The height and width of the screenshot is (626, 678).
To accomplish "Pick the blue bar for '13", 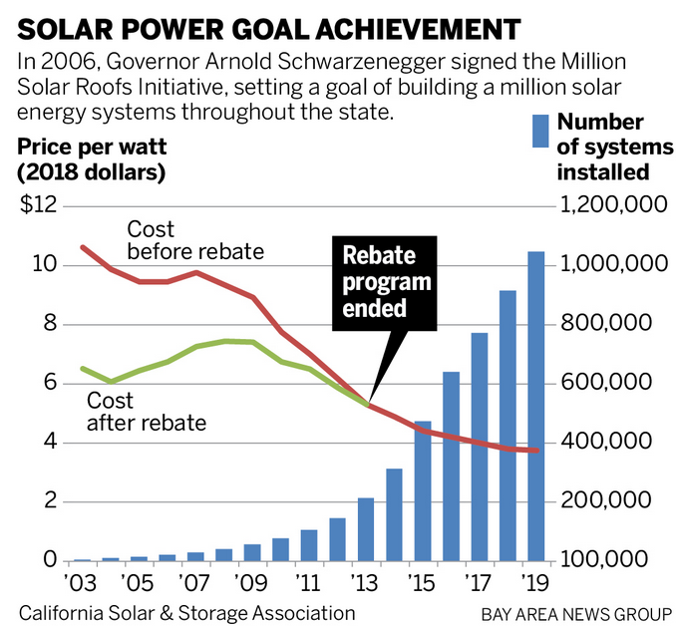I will pyautogui.click(x=366, y=529).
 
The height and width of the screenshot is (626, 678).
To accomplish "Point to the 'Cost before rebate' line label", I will pyautogui.click(x=195, y=240).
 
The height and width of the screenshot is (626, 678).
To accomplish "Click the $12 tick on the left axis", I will pyautogui.click(x=35, y=205).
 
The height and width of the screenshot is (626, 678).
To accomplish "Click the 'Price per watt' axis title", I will pyautogui.click(x=92, y=148).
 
